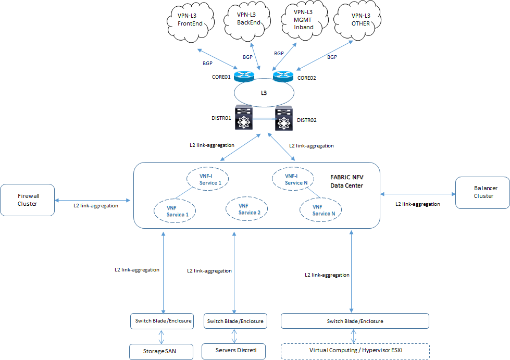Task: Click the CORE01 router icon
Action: [243, 77]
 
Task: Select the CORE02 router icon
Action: [283, 77]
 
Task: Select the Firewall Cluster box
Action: [28, 200]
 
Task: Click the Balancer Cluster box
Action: [482, 192]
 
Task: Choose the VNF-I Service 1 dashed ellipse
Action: [209, 179]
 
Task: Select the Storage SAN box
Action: [161, 351]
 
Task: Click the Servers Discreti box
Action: [234, 351]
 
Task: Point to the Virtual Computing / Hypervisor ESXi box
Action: [355, 351]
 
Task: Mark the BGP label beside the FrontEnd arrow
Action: [207, 63]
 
